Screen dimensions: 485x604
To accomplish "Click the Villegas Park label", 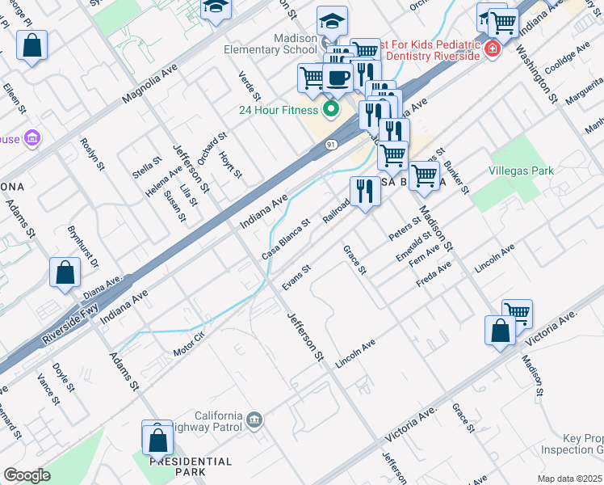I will coord(522,171).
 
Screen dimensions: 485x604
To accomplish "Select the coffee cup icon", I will coord(338,78).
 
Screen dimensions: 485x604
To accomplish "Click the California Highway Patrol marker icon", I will coord(255,419).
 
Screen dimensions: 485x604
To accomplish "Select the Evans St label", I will coord(296,279).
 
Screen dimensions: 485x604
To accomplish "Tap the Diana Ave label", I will coord(103,285).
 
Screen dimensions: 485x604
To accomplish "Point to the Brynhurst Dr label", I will coord(82,247).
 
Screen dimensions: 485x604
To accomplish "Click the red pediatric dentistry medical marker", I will coord(492,50).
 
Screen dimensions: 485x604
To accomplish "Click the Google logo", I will coord(27,475).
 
